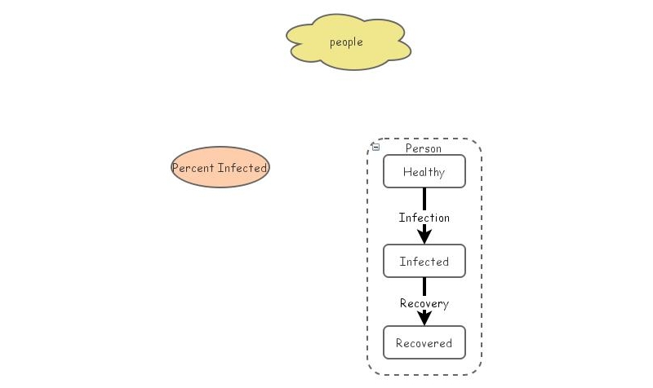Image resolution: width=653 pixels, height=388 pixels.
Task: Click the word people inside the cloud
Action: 346,42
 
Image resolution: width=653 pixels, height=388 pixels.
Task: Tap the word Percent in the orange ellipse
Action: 193,168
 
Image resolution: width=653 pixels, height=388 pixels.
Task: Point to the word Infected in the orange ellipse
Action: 242,168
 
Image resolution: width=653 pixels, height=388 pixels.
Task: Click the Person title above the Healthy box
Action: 423,148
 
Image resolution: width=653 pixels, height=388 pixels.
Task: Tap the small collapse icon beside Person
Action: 375,148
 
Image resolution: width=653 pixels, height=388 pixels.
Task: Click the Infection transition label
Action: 424,218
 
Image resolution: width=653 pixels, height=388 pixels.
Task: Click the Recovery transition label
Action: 424,303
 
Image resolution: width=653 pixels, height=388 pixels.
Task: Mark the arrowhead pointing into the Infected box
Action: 424,236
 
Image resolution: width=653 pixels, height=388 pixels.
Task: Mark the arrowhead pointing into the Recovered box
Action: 424,318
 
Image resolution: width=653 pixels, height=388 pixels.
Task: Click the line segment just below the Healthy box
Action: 424,198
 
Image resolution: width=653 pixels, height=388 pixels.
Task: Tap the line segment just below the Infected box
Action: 424,286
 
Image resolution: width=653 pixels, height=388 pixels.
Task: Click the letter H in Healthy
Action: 406,172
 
